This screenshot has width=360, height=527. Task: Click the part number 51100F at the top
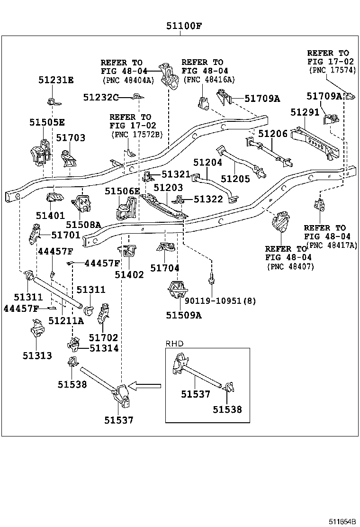tap(184, 26)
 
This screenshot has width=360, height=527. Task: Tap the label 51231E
tap(56, 80)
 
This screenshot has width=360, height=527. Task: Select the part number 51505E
tap(47, 122)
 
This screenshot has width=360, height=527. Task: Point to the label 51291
tap(305, 112)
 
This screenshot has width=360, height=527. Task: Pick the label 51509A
tap(184, 315)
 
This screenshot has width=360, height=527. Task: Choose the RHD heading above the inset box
tap(175, 344)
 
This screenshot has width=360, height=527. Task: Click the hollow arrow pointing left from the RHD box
tap(145, 386)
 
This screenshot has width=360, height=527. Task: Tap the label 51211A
tap(66, 321)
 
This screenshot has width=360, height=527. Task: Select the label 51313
tap(37, 355)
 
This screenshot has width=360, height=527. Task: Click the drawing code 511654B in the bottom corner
tap(342, 522)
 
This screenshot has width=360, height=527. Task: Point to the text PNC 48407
tap(291, 267)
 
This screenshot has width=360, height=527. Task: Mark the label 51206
tap(273, 134)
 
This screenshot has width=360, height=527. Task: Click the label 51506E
tap(122, 191)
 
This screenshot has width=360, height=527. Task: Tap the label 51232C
tap(101, 98)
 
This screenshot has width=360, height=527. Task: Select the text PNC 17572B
tap(137, 135)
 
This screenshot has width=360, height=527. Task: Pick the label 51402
tap(129, 275)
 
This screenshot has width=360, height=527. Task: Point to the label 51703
tap(71, 138)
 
